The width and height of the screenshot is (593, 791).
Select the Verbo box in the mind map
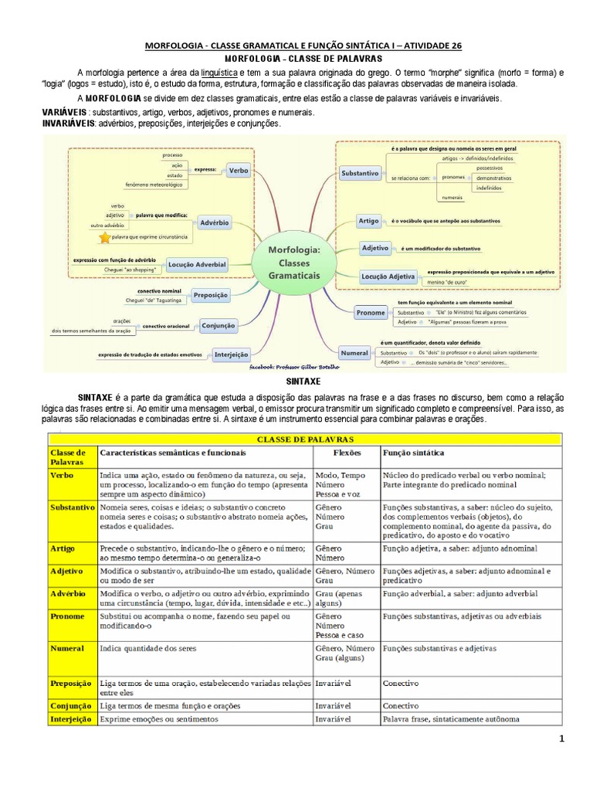point(239,169)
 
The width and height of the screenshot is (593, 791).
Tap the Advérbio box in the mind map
point(215,222)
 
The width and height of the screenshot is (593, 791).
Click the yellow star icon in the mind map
point(104,238)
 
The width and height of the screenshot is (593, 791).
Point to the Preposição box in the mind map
point(211,295)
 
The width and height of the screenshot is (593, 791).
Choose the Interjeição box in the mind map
point(232,355)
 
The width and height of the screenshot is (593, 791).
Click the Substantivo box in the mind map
point(360,174)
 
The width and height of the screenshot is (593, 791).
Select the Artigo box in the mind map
point(368,221)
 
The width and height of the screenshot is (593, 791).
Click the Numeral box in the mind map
point(354,353)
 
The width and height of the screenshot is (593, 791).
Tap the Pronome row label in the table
point(67,616)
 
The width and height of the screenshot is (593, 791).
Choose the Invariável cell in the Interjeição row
point(333,718)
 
